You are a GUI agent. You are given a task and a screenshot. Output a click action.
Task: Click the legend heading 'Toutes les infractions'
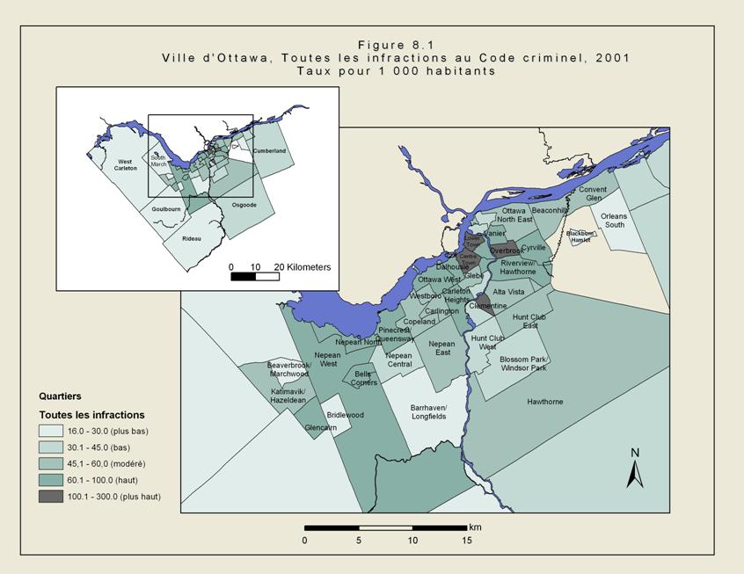click(91, 415)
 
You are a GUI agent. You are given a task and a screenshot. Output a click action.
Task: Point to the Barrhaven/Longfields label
click(428, 411)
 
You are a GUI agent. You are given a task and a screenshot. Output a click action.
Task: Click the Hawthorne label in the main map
click(544, 402)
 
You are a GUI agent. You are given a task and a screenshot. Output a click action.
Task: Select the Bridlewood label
click(345, 415)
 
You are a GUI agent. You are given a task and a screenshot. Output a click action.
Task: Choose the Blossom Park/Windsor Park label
click(523, 363)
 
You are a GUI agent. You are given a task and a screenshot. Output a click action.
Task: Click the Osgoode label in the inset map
click(244, 205)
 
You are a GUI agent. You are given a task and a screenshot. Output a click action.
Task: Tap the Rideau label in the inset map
click(191, 239)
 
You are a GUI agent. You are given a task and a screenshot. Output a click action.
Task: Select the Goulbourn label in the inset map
click(165, 209)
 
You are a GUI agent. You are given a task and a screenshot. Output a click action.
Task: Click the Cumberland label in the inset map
click(269, 151)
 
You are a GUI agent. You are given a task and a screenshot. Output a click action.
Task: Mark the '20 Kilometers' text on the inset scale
click(303, 266)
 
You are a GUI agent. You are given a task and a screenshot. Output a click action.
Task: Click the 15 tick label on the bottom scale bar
click(467, 541)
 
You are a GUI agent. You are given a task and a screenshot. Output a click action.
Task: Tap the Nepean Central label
click(398, 360)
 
